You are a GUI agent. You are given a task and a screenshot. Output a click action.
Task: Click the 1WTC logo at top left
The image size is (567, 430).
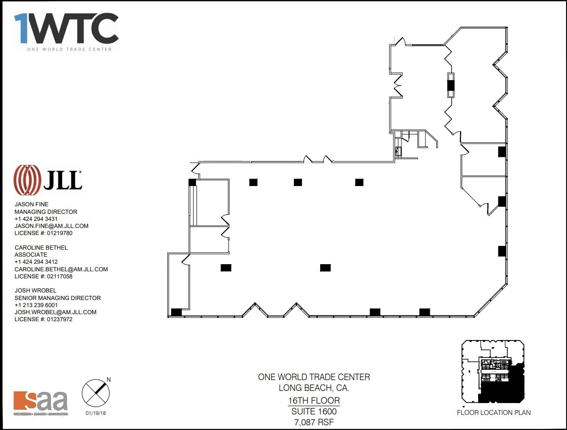pyautogui.click(x=66, y=30)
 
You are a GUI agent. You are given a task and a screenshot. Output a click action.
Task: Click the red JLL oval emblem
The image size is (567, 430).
pyautogui.click(x=27, y=180)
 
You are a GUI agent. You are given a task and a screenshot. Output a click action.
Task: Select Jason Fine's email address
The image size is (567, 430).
pyautogui.click(x=51, y=226)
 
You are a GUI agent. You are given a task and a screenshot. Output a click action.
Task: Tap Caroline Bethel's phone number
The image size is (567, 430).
pyautogui.click(x=36, y=262)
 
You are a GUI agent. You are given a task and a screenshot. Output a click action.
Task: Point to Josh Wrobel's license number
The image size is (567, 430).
pyautogui.click(x=44, y=319)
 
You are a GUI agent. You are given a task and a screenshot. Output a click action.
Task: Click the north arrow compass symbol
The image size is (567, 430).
pyautogui.click(x=95, y=392)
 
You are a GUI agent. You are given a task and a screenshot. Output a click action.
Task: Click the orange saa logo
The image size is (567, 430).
pyautogui.click(x=41, y=402)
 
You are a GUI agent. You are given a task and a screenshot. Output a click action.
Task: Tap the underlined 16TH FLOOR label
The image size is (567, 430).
pyautogui.click(x=314, y=401)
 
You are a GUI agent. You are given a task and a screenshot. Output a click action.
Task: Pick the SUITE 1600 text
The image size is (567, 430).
pyautogui.click(x=314, y=411)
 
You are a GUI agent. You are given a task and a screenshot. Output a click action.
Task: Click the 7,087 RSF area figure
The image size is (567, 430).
pyautogui.click(x=314, y=422)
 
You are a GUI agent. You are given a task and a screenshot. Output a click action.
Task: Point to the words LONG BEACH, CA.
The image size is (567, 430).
pyautogui.click(x=314, y=388)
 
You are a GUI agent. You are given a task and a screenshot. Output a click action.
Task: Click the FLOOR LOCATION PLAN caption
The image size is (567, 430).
pyautogui.click(x=494, y=413)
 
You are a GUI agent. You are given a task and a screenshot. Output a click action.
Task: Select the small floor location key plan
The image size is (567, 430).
pyautogui.click(x=493, y=372)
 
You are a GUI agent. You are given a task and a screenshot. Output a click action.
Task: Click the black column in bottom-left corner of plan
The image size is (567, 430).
pyautogui.click(x=176, y=312)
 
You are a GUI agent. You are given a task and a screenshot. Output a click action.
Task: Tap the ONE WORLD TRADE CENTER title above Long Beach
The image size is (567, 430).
pyautogui.click(x=314, y=377)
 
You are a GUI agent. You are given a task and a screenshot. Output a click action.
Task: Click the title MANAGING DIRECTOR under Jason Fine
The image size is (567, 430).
pyautogui.click(x=46, y=212)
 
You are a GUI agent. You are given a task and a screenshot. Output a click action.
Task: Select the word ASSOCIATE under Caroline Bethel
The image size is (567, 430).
pyautogui.click(x=31, y=255)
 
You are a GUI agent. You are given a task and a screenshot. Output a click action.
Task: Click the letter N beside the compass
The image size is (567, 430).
pyautogui.click(x=109, y=379)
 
